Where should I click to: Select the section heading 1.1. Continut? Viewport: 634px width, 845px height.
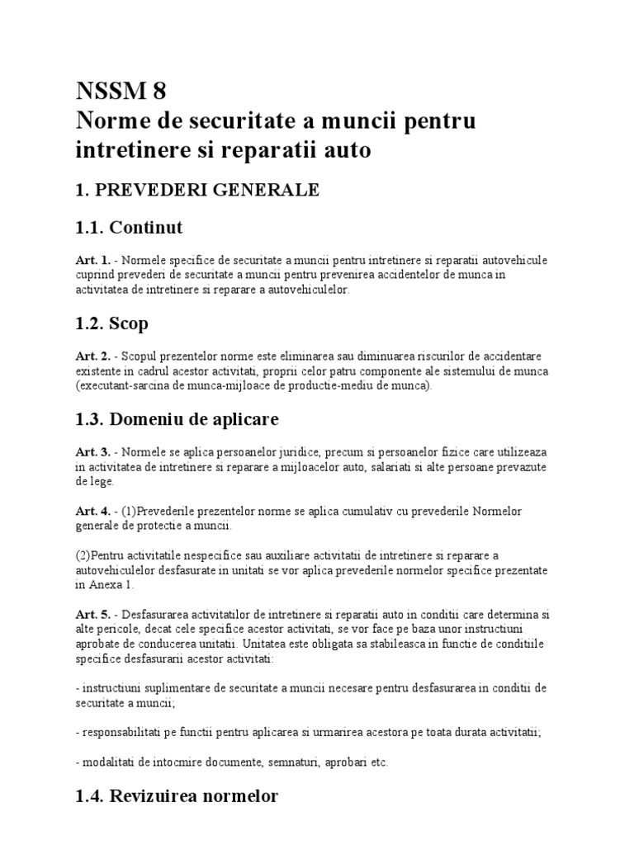click(128, 227)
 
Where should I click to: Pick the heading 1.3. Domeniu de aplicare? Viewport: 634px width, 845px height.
click(177, 419)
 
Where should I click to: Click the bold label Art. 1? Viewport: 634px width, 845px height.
click(92, 261)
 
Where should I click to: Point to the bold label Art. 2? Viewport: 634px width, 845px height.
click(92, 356)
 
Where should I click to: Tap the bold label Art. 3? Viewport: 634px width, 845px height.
click(92, 453)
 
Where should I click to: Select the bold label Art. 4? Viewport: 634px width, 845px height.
click(92, 511)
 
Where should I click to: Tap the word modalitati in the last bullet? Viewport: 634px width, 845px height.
click(107, 762)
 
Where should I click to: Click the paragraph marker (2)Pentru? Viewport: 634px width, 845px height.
click(100, 555)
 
